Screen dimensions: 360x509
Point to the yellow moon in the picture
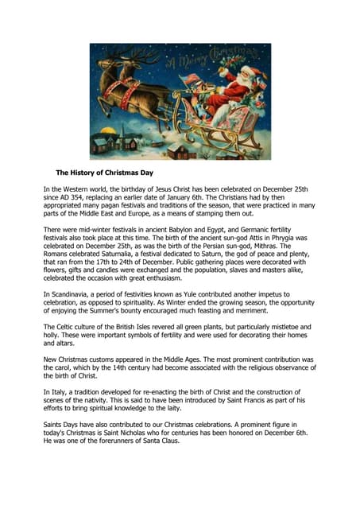click(105, 129)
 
